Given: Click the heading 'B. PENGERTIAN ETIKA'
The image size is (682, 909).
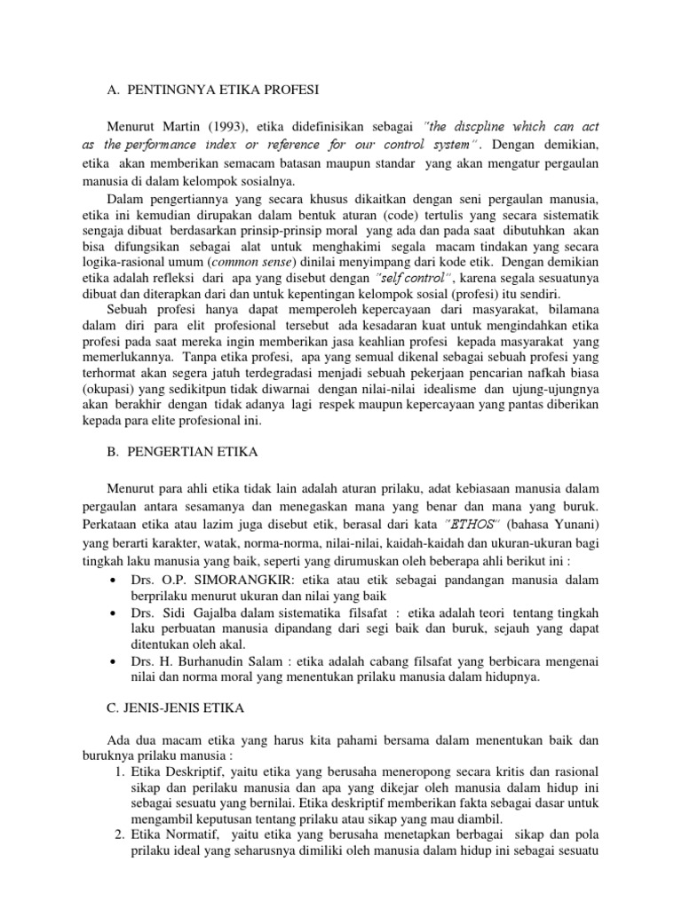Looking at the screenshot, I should (182, 453).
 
